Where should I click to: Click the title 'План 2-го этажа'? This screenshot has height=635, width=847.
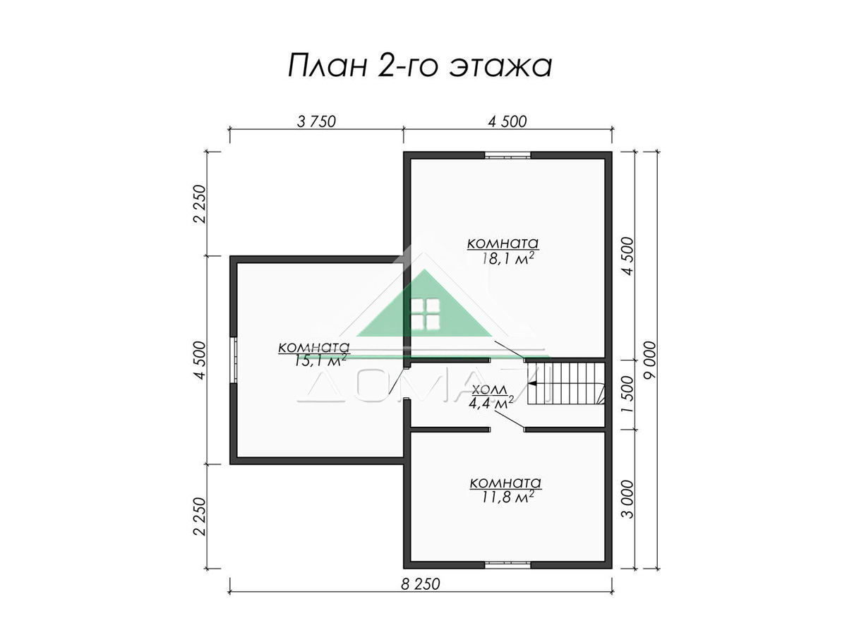[x=420, y=66]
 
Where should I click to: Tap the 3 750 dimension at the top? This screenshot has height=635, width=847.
[x=316, y=121]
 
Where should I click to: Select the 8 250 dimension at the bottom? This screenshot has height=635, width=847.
[x=420, y=584]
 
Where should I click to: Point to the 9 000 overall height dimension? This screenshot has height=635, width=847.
[x=650, y=360]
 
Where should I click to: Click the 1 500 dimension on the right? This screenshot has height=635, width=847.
[x=628, y=394]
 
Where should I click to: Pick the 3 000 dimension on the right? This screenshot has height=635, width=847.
[x=628, y=500]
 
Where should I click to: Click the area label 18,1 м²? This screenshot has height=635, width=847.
[x=507, y=259]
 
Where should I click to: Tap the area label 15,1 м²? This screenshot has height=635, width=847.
[x=320, y=360]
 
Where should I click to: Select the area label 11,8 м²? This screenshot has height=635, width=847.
[x=507, y=497]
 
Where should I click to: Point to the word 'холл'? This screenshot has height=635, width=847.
[x=490, y=389]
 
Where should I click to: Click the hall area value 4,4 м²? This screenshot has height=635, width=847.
[x=491, y=403]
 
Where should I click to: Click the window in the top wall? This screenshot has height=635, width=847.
[x=507, y=156]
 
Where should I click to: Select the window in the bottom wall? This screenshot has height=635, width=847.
[x=507, y=564]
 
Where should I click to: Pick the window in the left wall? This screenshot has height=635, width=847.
[x=234, y=360]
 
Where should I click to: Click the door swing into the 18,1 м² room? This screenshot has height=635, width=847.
[x=509, y=349]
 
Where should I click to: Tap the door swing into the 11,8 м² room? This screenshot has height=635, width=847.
[x=509, y=420]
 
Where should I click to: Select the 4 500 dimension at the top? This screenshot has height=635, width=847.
[x=507, y=121]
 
